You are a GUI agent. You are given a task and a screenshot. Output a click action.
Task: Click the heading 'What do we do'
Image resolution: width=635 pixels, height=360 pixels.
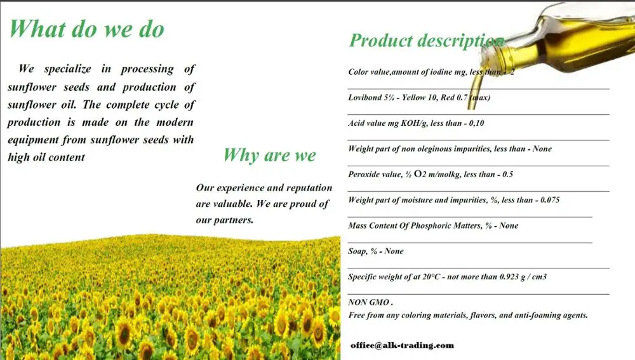(86, 29)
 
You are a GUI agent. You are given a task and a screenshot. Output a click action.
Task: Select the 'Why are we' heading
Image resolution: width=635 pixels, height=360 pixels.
(269, 155)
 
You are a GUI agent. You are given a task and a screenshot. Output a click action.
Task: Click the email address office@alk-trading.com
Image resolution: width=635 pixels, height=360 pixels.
(402, 345)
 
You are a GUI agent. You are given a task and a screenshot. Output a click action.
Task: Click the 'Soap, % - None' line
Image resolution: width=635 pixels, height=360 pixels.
(376, 251)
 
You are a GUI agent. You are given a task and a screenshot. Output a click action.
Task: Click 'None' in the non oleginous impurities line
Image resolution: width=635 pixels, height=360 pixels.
(541, 149)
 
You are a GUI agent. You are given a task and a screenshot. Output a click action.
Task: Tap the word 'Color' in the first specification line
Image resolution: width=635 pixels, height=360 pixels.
(358, 72)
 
